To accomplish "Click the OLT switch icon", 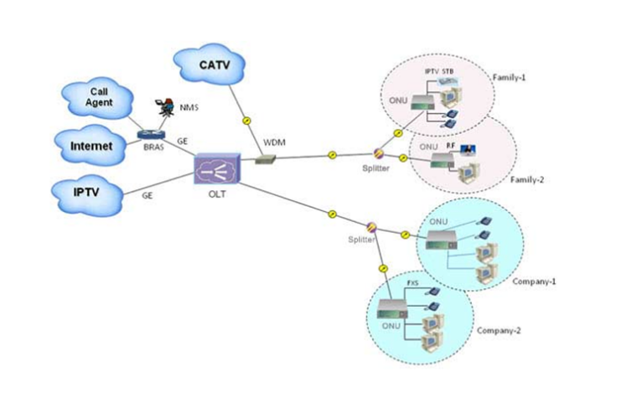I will (215, 168).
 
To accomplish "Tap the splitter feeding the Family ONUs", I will (378, 153).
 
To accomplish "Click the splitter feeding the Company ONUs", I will (371, 227).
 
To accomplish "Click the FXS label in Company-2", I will (412, 283).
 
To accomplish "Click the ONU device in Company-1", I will (442, 239).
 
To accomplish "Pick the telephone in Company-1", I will (484, 222).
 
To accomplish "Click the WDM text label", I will (274, 142).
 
